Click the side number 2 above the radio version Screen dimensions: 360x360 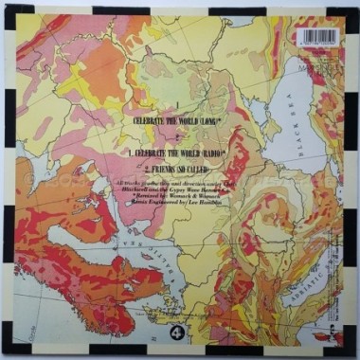click(x=178, y=138)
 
